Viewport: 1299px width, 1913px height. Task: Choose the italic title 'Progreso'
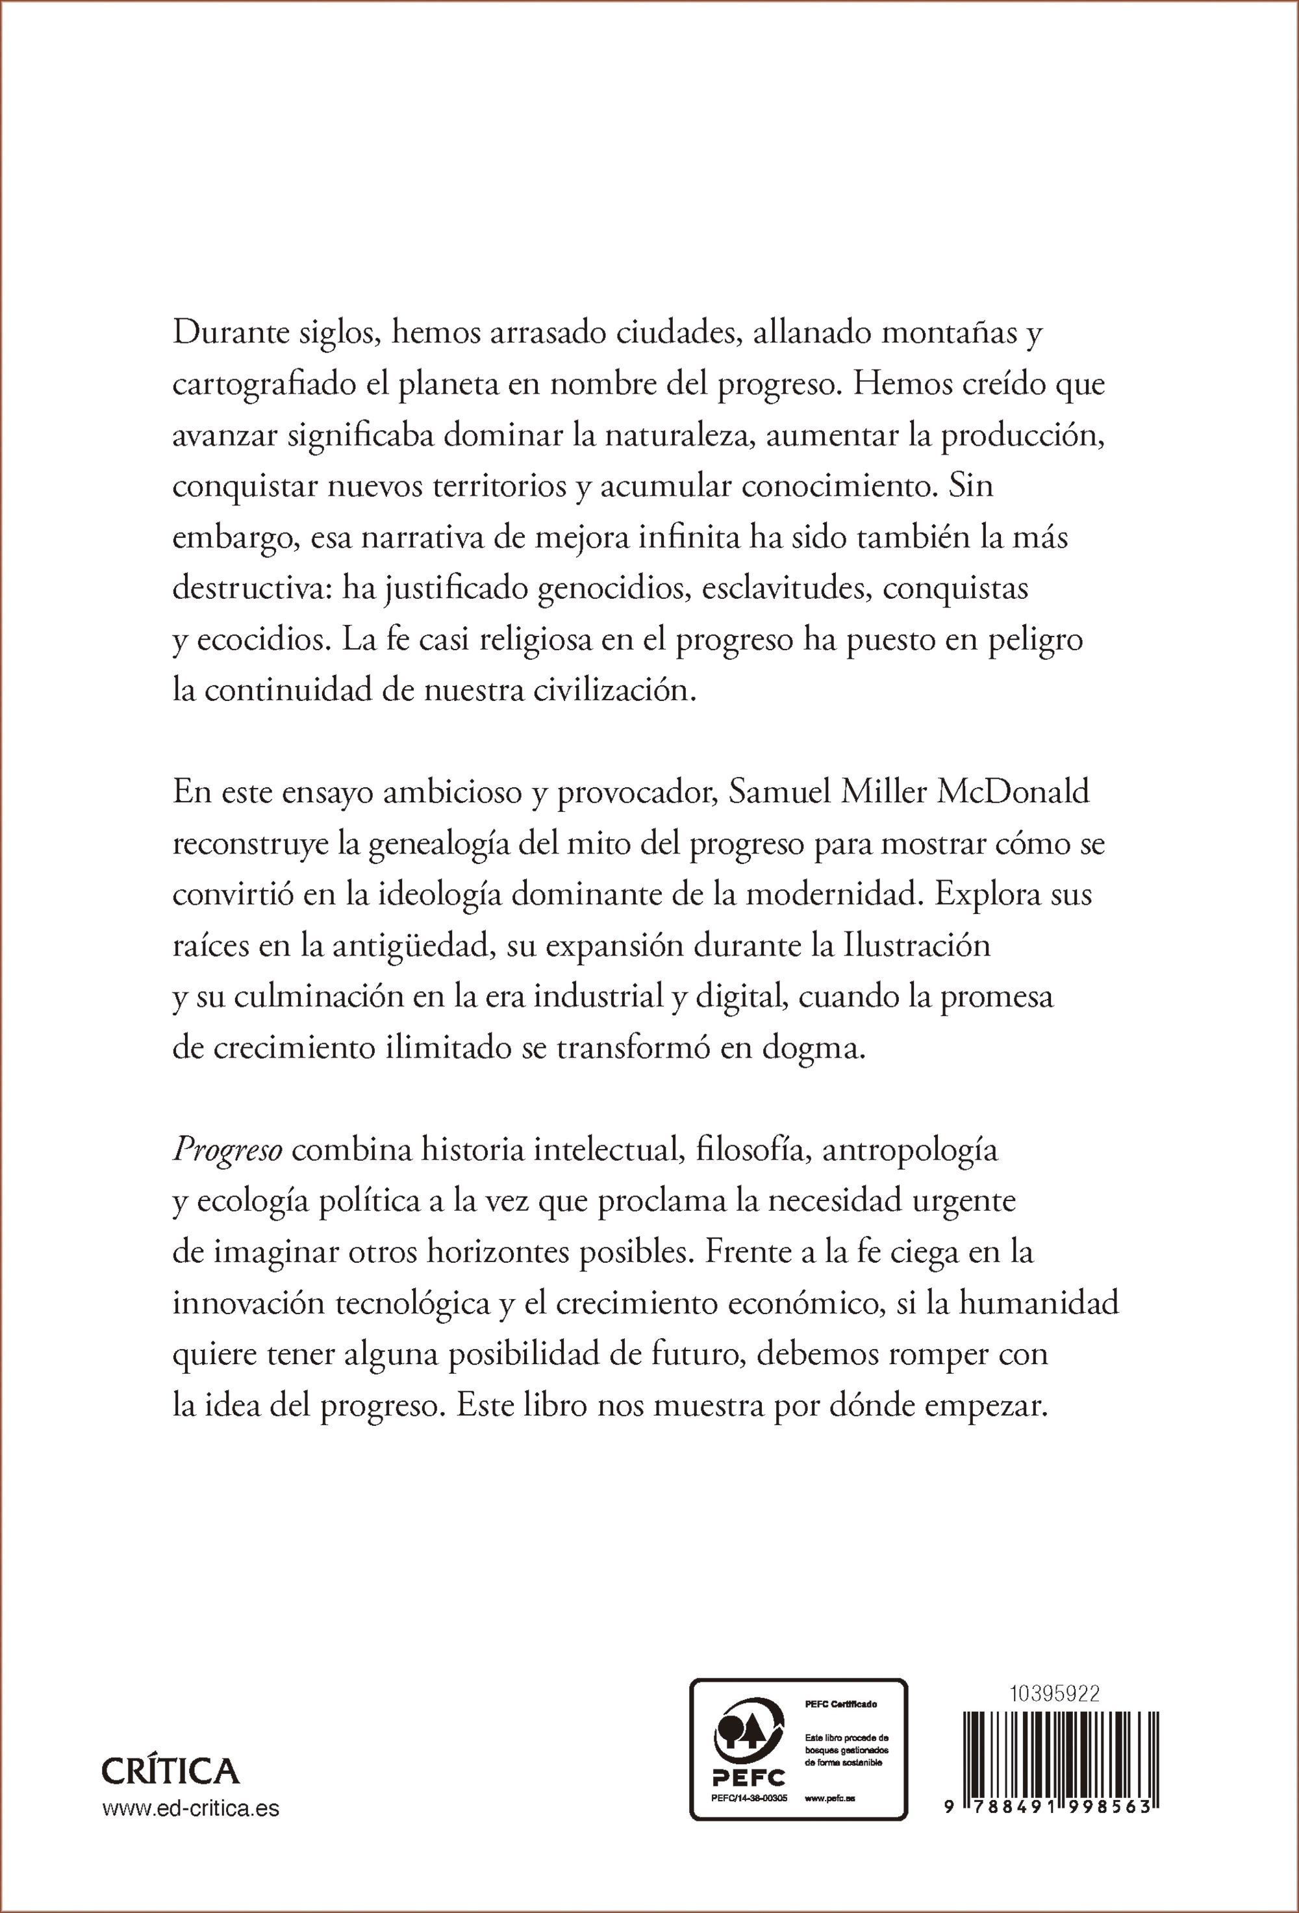click(x=227, y=1150)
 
